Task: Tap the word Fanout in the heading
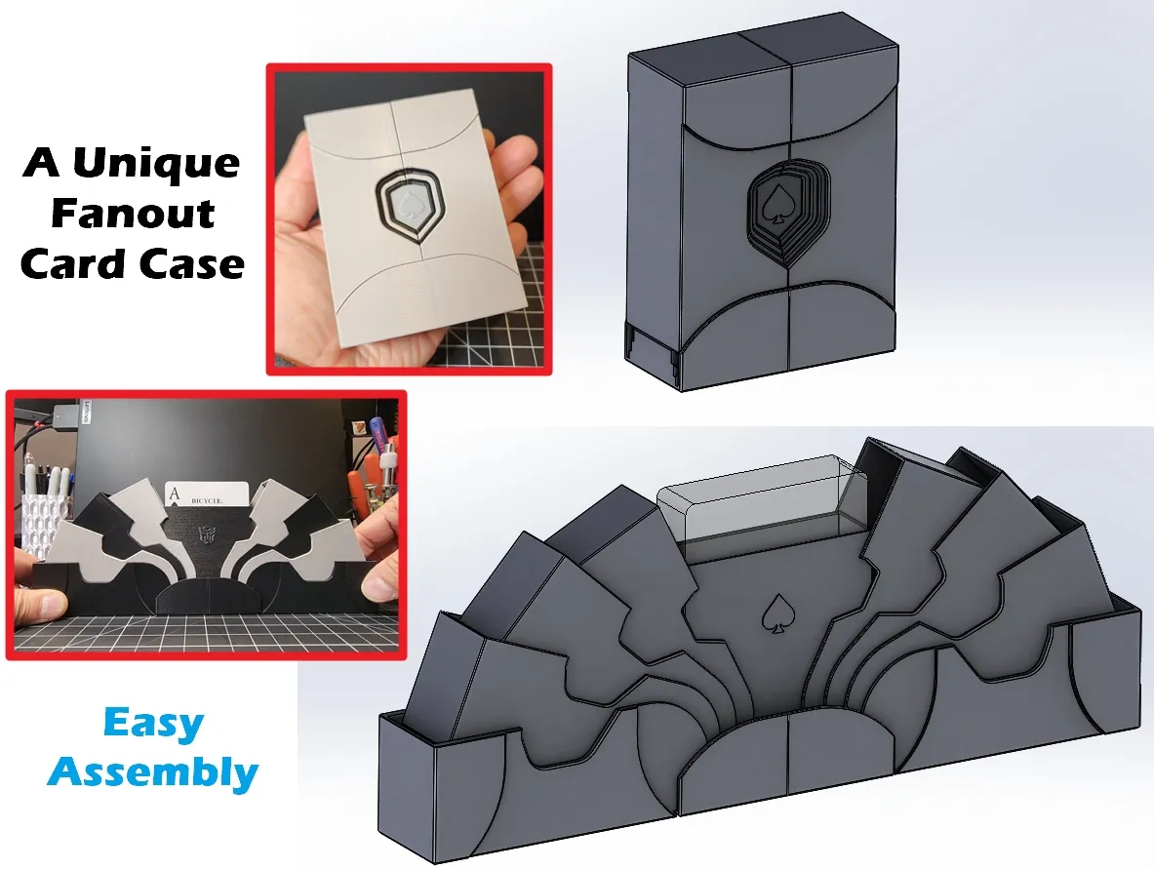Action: pos(133,214)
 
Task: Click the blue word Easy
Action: pos(154,724)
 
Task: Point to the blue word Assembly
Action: pos(153,772)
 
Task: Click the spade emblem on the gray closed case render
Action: pos(775,204)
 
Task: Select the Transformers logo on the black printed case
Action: pos(205,535)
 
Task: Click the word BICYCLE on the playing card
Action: pos(207,501)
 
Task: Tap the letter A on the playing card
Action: pos(175,495)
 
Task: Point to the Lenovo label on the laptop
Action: pos(84,412)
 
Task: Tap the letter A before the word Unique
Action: pos(42,163)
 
